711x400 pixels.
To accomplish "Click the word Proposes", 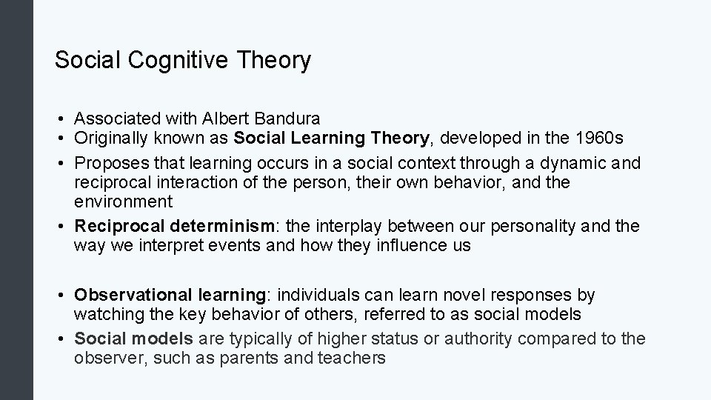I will [x=108, y=162].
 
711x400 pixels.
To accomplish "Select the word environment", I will [x=123, y=201].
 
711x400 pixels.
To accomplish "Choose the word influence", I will [x=409, y=246].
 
